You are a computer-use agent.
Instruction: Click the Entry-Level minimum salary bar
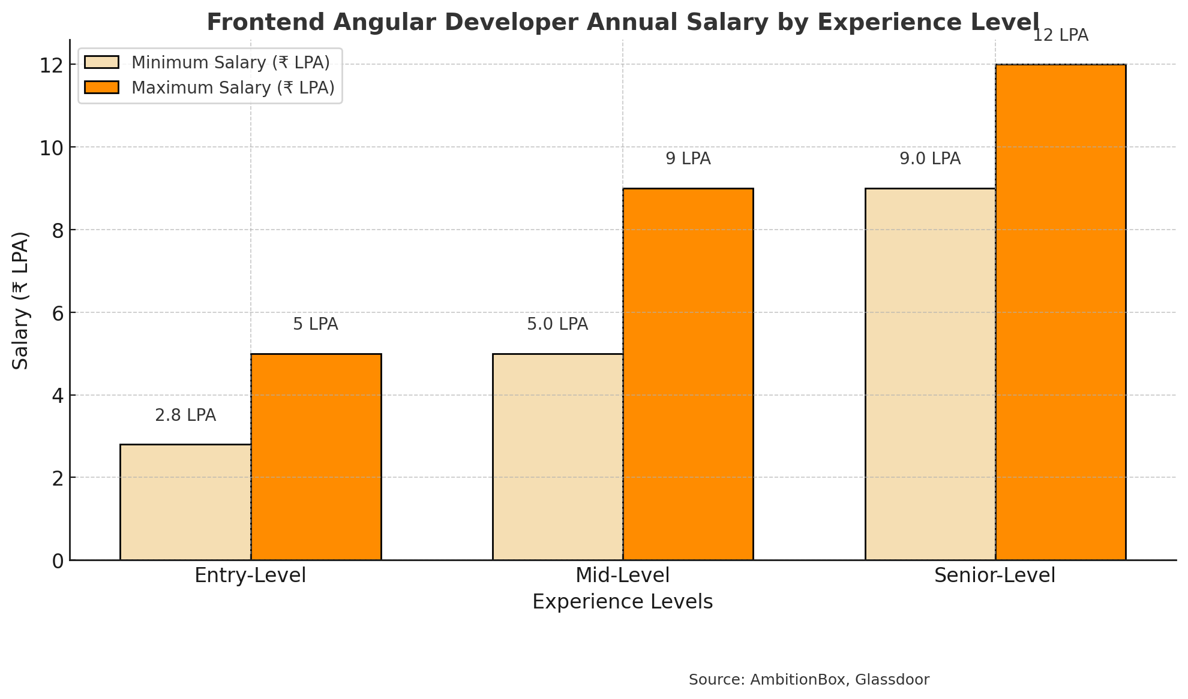pyautogui.click(x=185, y=502)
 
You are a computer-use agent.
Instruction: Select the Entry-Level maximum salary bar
pyautogui.click(x=316, y=457)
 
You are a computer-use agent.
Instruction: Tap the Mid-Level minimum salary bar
pyautogui.click(x=558, y=457)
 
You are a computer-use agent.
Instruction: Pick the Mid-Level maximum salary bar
pyautogui.click(x=688, y=374)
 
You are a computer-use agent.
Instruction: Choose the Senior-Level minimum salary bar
pyautogui.click(x=931, y=374)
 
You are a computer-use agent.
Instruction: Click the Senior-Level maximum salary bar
pyautogui.click(x=1061, y=312)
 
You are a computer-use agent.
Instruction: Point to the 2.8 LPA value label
pyautogui.click(x=185, y=415)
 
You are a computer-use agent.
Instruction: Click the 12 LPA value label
pyautogui.click(x=1060, y=35)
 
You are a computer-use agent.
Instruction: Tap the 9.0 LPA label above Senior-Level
pyautogui.click(x=930, y=159)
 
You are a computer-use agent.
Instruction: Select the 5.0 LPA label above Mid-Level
pyautogui.click(x=557, y=324)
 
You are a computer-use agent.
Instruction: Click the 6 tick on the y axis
pyautogui.click(x=58, y=313)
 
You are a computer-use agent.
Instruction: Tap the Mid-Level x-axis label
pyautogui.click(x=622, y=576)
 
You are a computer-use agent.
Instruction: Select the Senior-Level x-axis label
pyautogui.click(x=995, y=576)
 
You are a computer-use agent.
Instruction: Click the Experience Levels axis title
pyautogui.click(x=622, y=602)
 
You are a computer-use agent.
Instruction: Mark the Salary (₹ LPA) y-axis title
pyautogui.click(x=21, y=300)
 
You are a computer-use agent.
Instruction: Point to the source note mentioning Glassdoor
pyautogui.click(x=809, y=680)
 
